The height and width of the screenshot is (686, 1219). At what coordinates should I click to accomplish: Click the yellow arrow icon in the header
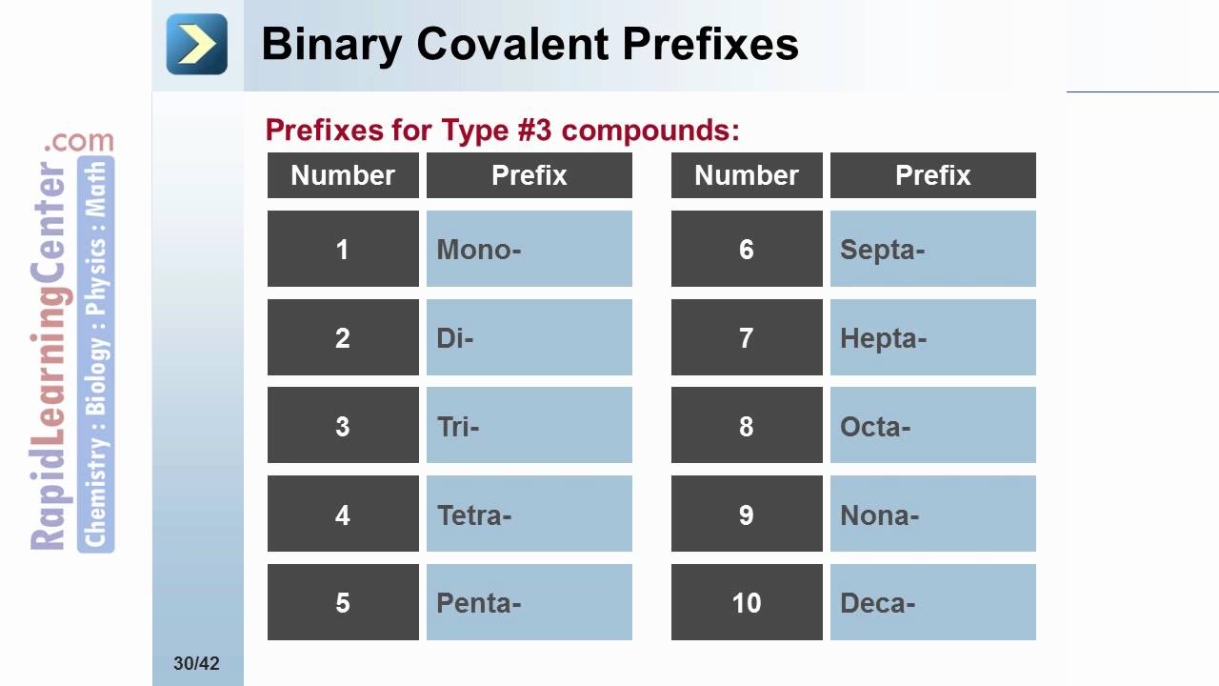pos(197,44)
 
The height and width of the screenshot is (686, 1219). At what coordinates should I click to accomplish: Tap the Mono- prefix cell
pos(529,249)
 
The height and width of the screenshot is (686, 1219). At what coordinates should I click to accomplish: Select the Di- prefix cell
pos(529,337)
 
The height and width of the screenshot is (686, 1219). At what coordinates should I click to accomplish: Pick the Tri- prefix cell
pos(529,426)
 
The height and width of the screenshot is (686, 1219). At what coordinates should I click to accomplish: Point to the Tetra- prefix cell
pos(529,514)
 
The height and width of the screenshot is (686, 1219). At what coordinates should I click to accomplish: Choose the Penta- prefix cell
pos(529,602)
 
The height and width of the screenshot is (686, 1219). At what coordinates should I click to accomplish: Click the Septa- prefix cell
pos(932,249)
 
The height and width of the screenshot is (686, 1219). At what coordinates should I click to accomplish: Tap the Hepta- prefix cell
pos(932,337)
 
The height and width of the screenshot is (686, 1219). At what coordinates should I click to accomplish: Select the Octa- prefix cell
pos(932,426)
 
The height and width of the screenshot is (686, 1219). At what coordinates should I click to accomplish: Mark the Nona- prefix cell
pos(932,514)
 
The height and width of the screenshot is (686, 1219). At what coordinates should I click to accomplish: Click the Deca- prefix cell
pos(932,602)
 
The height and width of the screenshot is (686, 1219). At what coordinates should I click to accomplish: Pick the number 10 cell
pos(747,602)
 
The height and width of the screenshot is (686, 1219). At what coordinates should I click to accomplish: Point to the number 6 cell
pos(747,249)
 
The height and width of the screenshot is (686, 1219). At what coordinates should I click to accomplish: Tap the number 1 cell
pos(343,249)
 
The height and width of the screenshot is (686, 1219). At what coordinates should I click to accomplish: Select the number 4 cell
pos(343,514)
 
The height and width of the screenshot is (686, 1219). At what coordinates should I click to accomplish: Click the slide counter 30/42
pos(196,663)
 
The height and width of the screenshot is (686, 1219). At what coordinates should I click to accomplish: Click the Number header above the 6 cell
pos(747,175)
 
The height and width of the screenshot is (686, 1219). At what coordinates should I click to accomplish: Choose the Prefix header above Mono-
pos(529,175)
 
